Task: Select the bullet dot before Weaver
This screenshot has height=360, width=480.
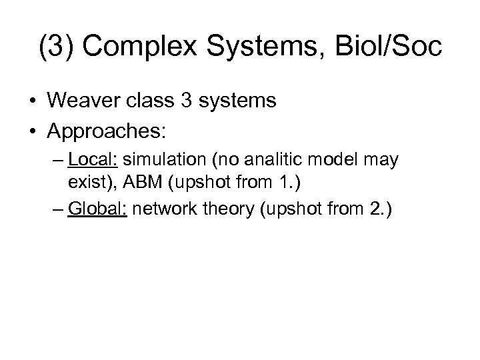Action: pos(31,102)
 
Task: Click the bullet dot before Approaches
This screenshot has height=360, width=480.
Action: pos(31,130)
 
